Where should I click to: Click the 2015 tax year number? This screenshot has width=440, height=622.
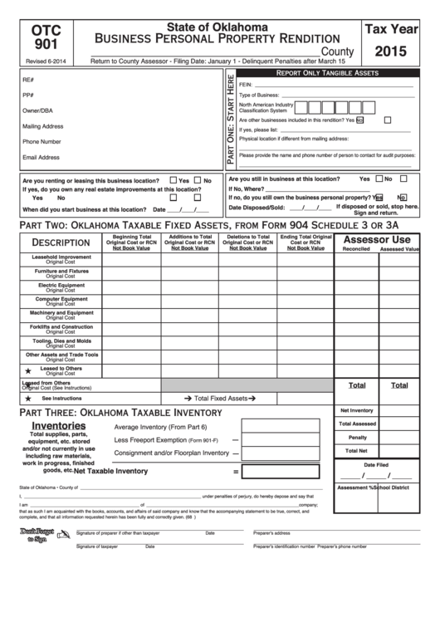coord(389,51)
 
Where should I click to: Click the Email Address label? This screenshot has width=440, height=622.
coord(41,157)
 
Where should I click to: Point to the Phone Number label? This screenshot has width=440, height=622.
coord(41,141)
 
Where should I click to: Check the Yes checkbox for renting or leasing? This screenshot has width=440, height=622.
coord(173,180)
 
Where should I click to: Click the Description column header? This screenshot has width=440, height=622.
coord(61,242)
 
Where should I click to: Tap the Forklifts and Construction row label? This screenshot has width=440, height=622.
coord(61,328)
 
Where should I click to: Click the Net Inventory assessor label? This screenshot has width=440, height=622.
coord(357,410)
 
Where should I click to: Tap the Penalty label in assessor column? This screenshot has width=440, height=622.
coord(357,437)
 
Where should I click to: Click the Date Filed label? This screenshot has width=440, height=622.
coord(376,464)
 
